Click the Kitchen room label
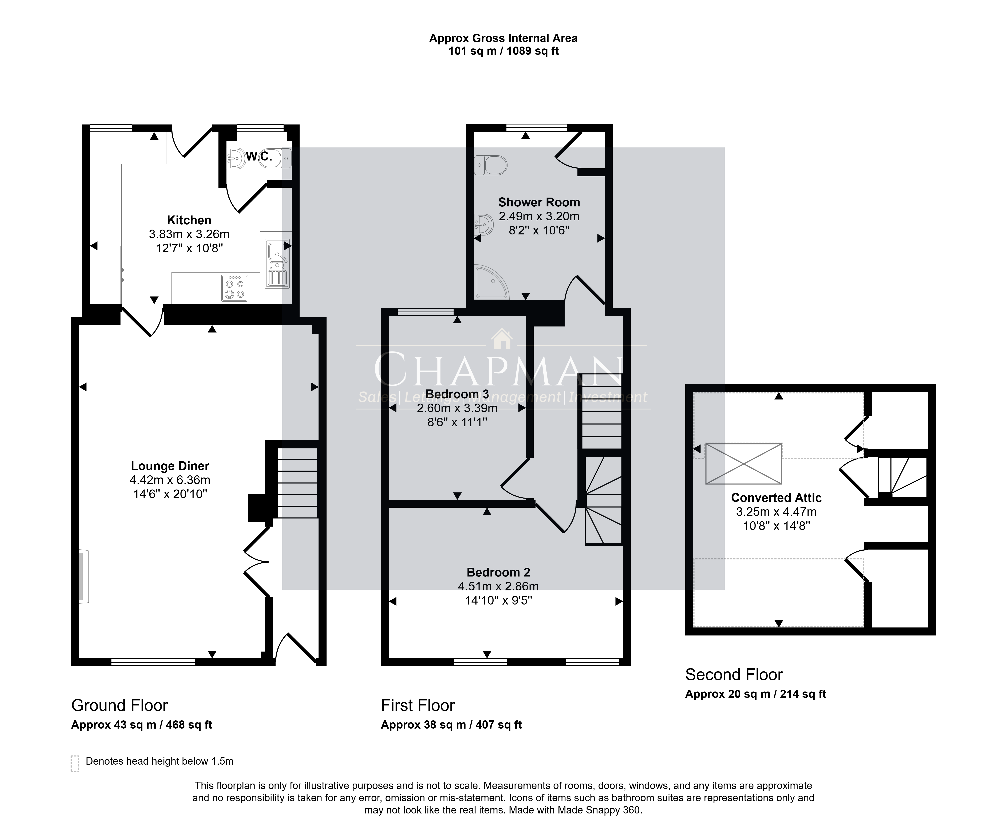click(x=189, y=221)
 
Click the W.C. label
click(x=259, y=156)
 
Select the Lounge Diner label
click(x=170, y=466)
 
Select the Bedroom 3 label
click(x=457, y=394)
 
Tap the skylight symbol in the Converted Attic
click(x=743, y=463)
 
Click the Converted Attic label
click(x=777, y=498)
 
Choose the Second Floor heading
click(x=734, y=675)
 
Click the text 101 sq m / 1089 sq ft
click(x=503, y=51)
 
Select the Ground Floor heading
click(x=119, y=705)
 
